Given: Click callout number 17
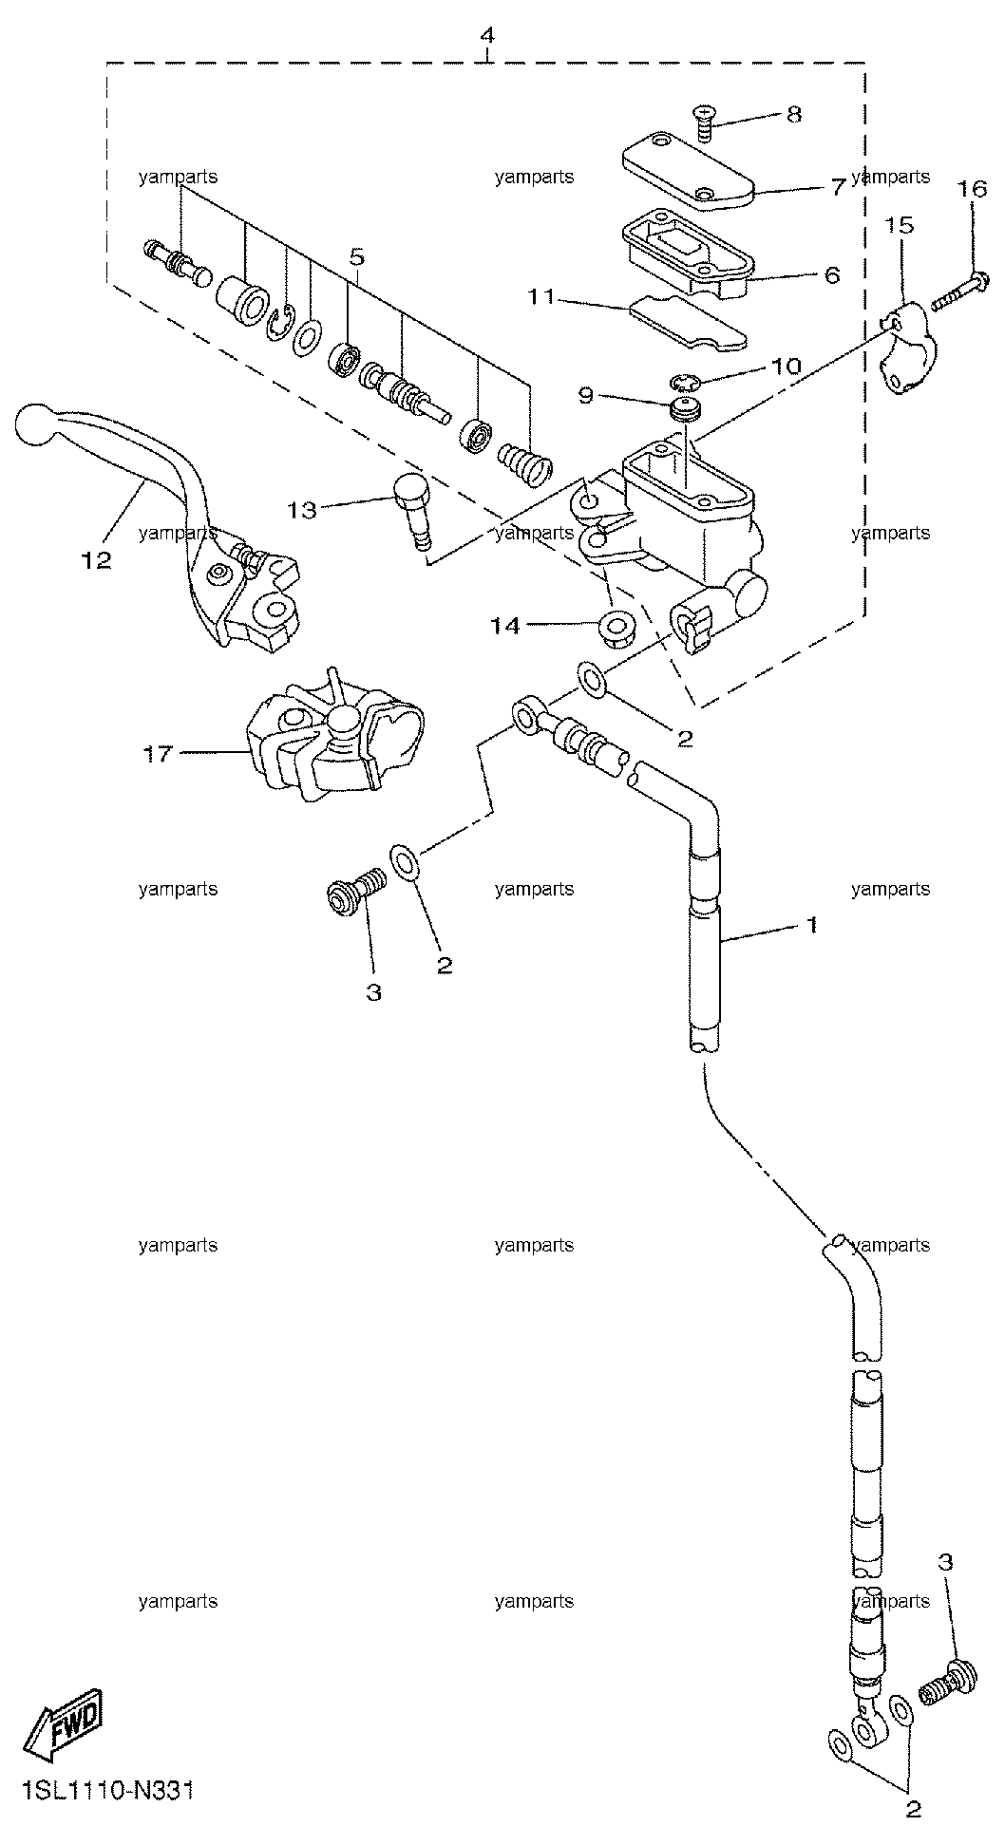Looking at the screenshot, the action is pos(158,754).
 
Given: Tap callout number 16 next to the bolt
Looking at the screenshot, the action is pos(972,189).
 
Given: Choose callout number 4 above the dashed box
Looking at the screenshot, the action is pos(487,36).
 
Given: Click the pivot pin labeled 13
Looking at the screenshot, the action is pos(412,508).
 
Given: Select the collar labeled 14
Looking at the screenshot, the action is pos(617,630).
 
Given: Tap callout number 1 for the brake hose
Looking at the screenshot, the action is pos(811,924).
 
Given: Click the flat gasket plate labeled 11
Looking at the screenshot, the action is pos(688,321).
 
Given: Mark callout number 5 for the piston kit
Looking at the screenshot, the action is pos(357,256).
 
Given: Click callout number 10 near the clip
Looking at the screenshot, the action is pos(787,365).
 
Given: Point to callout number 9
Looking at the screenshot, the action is pos(586,394).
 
